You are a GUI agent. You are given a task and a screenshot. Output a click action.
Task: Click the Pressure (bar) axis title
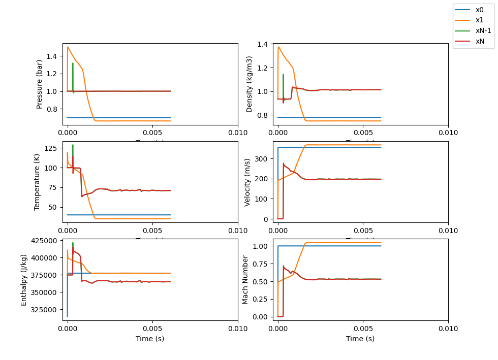pyautogui.click(x=40, y=84)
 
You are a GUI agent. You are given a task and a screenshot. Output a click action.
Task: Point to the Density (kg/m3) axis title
pyautogui.click(x=250, y=84)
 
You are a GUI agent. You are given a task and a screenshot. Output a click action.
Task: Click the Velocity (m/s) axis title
pyautogui.click(x=248, y=182)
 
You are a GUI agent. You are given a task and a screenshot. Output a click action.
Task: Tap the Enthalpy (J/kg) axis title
pyautogui.click(x=24, y=279)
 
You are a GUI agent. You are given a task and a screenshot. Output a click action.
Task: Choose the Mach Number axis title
pyautogui.click(x=245, y=279)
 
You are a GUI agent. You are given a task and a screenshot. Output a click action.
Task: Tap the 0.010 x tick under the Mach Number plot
pyautogui.click(x=448, y=329)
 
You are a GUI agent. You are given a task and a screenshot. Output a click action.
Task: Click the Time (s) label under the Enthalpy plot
pyautogui.click(x=150, y=339)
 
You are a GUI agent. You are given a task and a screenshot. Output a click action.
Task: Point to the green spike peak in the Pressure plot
pyautogui.click(x=73, y=63)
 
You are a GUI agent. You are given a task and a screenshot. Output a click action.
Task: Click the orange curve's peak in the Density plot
pyautogui.click(x=278, y=47)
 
